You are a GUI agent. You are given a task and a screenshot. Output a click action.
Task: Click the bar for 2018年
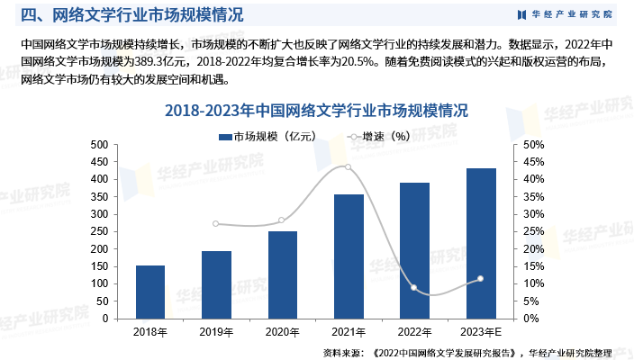(150, 292)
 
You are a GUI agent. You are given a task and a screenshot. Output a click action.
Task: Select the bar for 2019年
(216, 284)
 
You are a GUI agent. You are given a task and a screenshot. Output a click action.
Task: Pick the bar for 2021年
(349, 256)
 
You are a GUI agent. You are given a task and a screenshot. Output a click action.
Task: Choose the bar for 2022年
(414, 250)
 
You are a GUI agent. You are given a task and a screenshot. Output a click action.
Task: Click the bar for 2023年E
(481, 243)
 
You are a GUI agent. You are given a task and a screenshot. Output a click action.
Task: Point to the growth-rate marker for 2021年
(349, 167)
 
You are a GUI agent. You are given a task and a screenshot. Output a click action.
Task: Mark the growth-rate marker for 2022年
(414, 288)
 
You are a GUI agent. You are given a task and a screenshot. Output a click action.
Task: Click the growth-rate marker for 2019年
(216, 224)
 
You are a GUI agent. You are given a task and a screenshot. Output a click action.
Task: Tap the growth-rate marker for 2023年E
(481, 279)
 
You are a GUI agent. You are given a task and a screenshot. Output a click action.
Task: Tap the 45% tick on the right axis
(533, 162)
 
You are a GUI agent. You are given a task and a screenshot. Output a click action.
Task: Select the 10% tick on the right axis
(533, 283)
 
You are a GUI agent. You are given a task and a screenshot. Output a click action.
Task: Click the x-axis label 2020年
(282, 331)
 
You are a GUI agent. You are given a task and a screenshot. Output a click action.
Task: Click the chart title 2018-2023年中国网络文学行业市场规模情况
(317, 111)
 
